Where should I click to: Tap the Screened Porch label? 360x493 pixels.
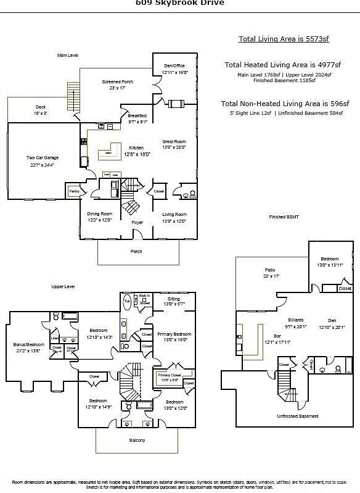pyautogui.click(x=117, y=81)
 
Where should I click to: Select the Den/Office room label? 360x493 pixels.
pyautogui.click(x=174, y=65)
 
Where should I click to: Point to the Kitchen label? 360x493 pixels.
pyautogui.click(x=136, y=147)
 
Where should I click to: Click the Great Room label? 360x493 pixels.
pyautogui.click(x=174, y=142)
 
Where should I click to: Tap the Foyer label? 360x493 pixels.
pyautogui.click(x=137, y=222)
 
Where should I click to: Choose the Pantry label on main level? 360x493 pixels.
pyautogui.click(x=74, y=192)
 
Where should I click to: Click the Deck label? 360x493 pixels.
pyautogui.click(x=40, y=107)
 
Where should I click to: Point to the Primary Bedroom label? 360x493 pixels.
pyautogui.click(x=174, y=334)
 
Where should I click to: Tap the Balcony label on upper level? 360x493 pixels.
pyautogui.click(x=137, y=439)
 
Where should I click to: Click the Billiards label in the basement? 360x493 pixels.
pyautogui.click(x=296, y=320)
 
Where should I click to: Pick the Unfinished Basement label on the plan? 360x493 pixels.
pyautogui.click(x=297, y=416)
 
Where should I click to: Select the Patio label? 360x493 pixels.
pyautogui.click(x=270, y=270)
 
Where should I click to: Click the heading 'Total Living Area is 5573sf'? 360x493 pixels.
pyautogui.click(x=284, y=39)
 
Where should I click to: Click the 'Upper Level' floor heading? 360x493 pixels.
pyautogui.click(x=63, y=287)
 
